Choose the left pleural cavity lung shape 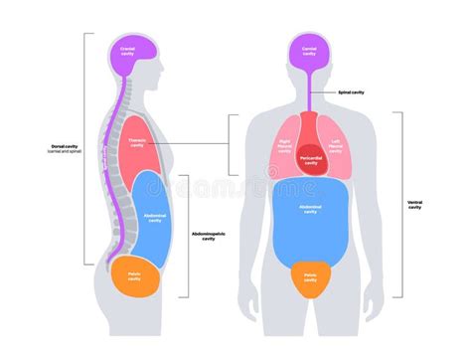pyautogui.click(x=335, y=146)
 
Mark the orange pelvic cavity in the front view pyautogui.click(x=309, y=277)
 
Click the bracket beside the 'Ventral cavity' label pyautogui.click(x=400, y=204)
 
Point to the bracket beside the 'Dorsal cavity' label pyautogui.click(x=85, y=149)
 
